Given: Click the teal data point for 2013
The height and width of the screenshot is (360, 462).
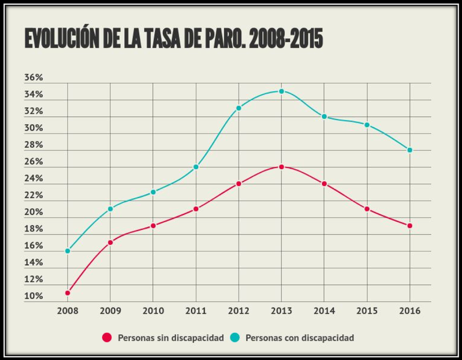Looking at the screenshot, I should tap(281, 91).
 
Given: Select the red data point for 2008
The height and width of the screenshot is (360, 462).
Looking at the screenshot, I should tap(68, 293).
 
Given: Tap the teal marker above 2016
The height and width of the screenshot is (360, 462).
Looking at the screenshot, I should tap(409, 150).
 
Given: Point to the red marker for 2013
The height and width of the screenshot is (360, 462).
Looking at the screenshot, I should tap(281, 167).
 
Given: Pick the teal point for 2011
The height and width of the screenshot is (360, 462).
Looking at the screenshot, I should tap(196, 167).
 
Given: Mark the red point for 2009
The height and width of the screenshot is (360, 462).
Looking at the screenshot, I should tap(110, 242).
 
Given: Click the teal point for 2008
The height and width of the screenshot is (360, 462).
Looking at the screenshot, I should tap(68, 251).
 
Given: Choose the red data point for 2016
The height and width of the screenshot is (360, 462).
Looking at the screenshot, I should tap(409, 225).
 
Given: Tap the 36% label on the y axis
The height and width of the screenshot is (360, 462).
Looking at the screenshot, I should tap(33, 78).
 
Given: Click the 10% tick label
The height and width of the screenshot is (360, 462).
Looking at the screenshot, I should tap(33, 296).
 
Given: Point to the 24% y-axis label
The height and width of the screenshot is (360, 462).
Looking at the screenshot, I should tap(33, 179).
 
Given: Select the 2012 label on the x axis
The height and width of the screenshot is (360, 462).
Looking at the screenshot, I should tap(239, 310).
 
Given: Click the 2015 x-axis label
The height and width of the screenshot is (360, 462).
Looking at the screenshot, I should tap(367, 310).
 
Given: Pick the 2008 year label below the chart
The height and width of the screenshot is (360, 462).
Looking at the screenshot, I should tap(68, 310).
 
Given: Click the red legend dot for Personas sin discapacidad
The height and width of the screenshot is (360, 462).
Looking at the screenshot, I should tap(106, 337).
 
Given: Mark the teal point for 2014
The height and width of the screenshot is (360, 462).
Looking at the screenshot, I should tap(324, 117).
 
